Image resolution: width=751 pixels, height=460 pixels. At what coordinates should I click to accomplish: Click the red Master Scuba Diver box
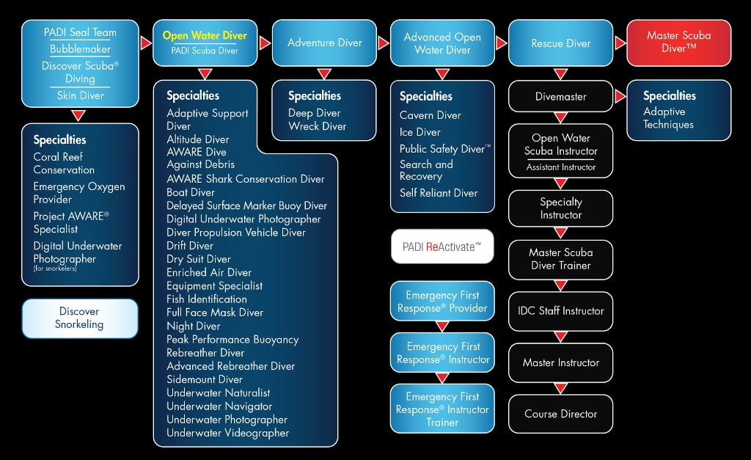click(678, 43)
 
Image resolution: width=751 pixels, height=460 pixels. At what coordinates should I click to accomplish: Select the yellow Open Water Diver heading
click(205, 35)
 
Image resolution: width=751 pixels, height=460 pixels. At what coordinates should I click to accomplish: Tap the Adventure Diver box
click(325, 43)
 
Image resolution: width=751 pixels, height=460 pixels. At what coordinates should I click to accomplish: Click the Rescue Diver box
click(560, 43)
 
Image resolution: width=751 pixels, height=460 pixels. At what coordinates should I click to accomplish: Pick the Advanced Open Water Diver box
click(442, 43)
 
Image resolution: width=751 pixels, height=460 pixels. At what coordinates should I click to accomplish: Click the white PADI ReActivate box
click(442, 247)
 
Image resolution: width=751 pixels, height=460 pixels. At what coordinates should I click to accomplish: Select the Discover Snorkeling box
click(79, 318)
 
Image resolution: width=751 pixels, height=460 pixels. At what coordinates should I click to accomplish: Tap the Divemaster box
click(560, 96)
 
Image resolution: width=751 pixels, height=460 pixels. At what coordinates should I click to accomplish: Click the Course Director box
click(560, 414)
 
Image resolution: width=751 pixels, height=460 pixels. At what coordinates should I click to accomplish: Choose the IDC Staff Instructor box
click(560, 311)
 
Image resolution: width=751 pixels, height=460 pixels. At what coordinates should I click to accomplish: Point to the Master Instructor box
click(560, 362)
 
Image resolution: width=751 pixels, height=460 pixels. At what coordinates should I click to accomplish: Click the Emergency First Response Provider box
click(442, 302)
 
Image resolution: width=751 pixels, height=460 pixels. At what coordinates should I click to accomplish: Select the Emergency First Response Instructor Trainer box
click(442, 409)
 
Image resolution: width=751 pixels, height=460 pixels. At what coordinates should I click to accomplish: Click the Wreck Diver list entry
click(318, 126)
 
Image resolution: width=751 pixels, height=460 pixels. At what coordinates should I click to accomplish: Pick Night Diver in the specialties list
click(194, 326)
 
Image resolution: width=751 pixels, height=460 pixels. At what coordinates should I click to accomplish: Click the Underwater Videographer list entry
click(227, 433)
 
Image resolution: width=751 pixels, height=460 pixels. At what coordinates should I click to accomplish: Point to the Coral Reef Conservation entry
click(64, 163)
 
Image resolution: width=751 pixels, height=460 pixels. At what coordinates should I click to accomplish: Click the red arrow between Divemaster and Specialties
click(620, 96)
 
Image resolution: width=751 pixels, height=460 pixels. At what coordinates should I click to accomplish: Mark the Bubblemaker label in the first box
click(80, 49)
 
